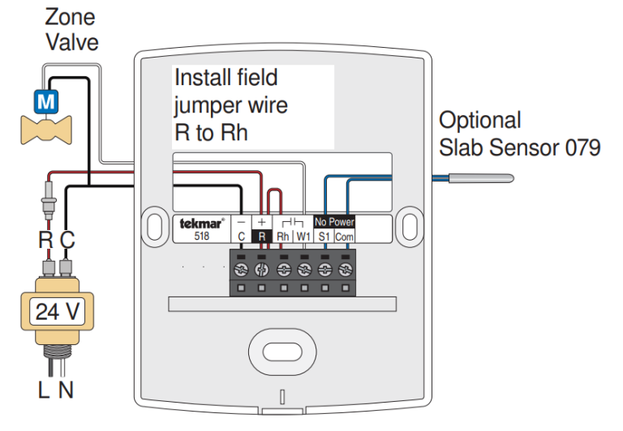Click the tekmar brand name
pyautogui.click(x=197, y=223)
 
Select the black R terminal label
pyautogui.click(x=261, y=237)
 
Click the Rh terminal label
pyautogui.click(x=282, y=237)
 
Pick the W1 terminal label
pyautogui.click(x=303, y=237)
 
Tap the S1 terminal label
pyautogui.click(x=324, y=237)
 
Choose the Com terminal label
pyautogui.click(x=344, y=237)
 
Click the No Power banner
pyautogui.click(x=334, y=222)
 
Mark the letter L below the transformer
pyautogui.click(x=44, y=390)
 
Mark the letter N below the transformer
pyautogui.click(x=66, y=390)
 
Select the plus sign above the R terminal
pyautogui.click(x=261, y=221)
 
